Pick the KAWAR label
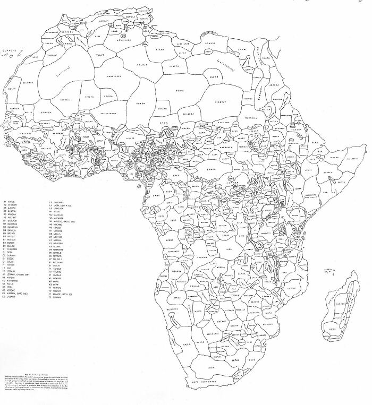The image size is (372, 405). pos(163,108)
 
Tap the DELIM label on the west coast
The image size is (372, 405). pos(12,90)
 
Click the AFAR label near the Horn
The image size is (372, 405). pos(314,143)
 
